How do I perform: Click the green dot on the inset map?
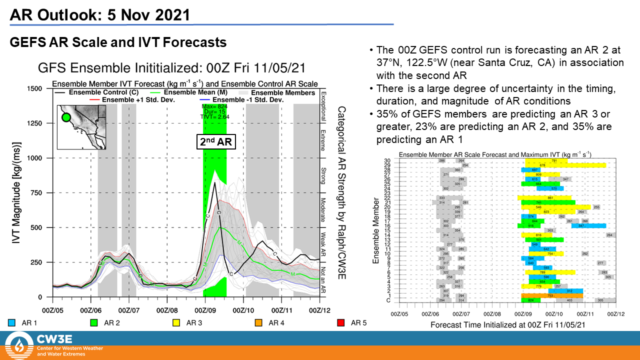(65, 118)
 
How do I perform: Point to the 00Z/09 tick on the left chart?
(204, 305)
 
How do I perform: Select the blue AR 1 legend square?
(12, 322)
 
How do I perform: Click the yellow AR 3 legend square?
(176, 322)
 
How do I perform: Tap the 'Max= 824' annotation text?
(214, 106)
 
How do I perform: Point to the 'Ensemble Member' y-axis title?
(375, 230)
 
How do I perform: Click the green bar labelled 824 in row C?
(530, 300)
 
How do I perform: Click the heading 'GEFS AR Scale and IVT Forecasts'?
(118, 42)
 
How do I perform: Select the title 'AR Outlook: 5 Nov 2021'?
(100, 14)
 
